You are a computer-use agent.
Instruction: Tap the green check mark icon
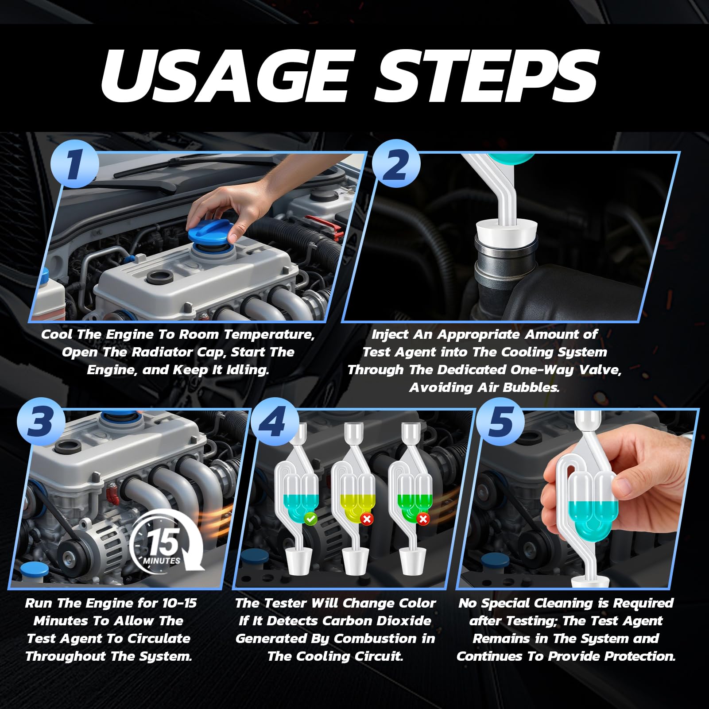click(310, 518)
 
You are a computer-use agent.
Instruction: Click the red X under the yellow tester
click(367, 519)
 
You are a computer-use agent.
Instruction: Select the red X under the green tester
click(423, 519)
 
